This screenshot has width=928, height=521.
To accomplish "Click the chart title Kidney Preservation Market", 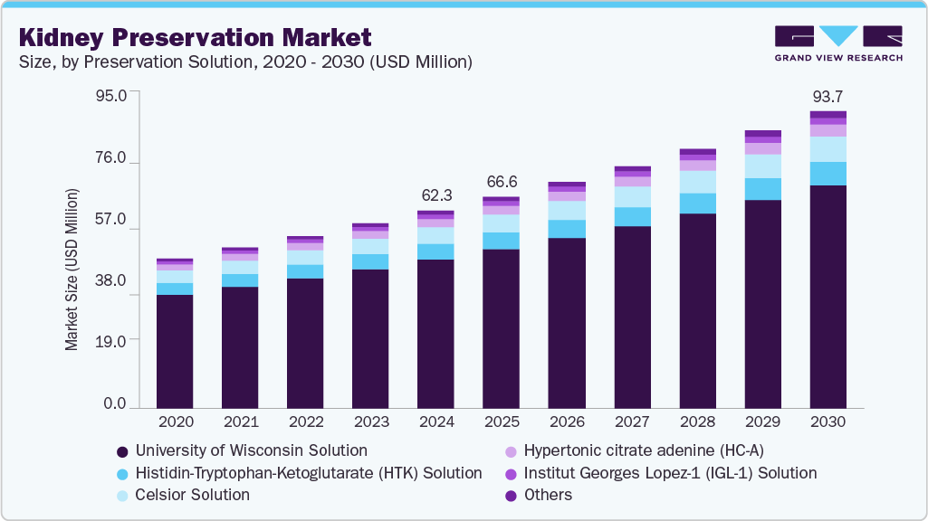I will click(196, 37).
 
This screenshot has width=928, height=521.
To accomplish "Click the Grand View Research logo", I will click(837, 43).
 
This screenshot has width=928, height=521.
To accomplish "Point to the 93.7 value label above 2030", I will click(828, 97).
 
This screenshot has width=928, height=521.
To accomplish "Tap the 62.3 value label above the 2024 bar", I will click(435, 195).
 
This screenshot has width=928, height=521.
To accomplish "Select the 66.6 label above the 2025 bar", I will click(501, 182).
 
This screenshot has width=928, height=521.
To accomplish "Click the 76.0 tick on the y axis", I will click(110, 158).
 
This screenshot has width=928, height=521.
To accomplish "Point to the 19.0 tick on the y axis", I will click(110, 339).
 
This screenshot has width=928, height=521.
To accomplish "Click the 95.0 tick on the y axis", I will click(110, 93).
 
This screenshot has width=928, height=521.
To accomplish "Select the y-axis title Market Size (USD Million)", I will click(72, 270).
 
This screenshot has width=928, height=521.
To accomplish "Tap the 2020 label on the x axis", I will click(175, 422).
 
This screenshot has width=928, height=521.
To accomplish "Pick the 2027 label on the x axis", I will click(632, 422).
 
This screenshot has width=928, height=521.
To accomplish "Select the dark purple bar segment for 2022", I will click(305, 344).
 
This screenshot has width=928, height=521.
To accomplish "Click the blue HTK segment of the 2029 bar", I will click(762, 189).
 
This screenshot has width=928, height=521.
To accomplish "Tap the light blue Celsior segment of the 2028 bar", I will click(697, 182).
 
